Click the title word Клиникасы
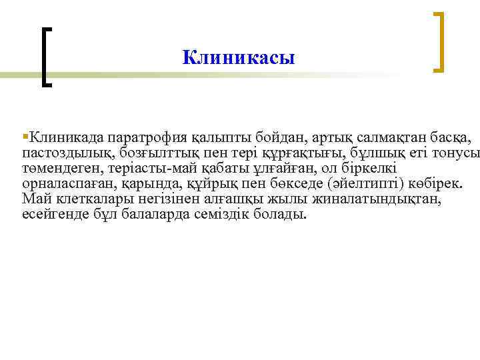[x=238, y=58]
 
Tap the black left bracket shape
[x=45, y=57]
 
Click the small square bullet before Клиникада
[x=25, y=137]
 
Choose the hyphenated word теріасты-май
[x=151, y=169]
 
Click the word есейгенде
[x=53, y=215]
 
